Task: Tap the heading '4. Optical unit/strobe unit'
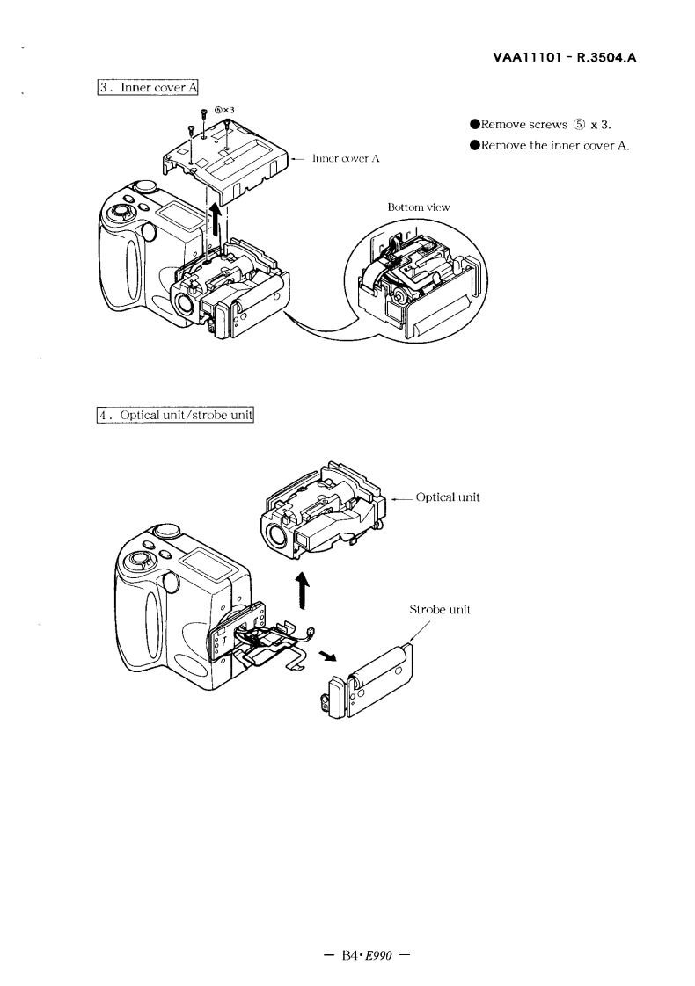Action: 176,414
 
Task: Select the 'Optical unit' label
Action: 447,497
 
